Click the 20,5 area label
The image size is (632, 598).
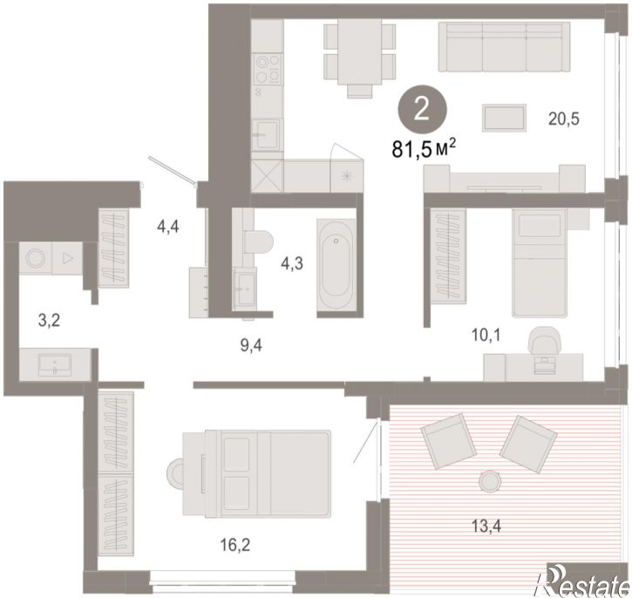[x=563, y=119]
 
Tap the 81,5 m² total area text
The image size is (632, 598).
[x=424, y=149]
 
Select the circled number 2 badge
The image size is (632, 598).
[x=422, y=110]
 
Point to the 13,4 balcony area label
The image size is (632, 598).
[x=486, y=526]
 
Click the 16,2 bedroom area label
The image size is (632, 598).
[x=235, y=545]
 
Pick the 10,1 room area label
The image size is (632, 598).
[x=486, y=335]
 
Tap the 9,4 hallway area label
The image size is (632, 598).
[x=251, y=345]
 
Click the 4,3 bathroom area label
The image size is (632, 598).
[x=292, y=264]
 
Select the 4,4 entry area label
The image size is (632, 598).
[x=168, y=228]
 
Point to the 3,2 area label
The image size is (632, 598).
[x=49, y=321]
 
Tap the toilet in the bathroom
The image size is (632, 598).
[x=259, y=241]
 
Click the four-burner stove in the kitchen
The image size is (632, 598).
[x=267, y=70]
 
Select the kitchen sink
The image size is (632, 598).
[x=266, y=135]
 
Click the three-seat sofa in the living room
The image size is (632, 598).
[x=504, y=47]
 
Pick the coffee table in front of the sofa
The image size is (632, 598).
[x=505, y=118]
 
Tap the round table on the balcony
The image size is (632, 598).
[x=490, y=480]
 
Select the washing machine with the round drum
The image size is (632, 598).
[x=36, y=258]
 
